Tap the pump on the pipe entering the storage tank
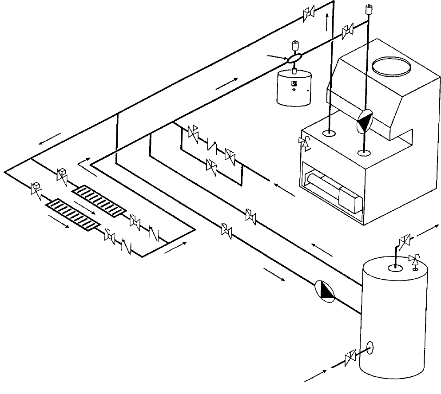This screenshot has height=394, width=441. [x=326, y=291]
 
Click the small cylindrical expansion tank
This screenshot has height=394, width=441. [x=293, y=88]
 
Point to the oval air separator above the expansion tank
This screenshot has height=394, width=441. [x=294, y=58]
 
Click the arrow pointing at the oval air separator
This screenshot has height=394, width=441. [x=276, y=56]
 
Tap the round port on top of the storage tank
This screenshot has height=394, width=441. [x=394, y=268]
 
